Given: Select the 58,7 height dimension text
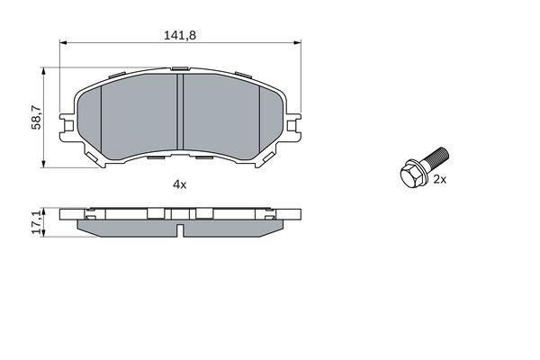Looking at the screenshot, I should tap(36, 116).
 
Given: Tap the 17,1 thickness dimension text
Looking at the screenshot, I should tap(37, 222).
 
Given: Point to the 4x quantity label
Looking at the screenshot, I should tap(179, 184).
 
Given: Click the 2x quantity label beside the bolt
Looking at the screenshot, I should tap(441, 180).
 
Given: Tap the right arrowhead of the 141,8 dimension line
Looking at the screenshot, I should tap(299, 42).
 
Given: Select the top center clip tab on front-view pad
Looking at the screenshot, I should tap(181, 67).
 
